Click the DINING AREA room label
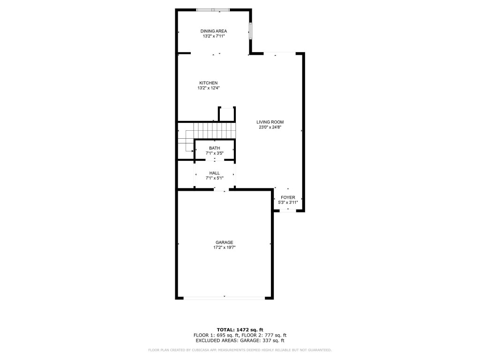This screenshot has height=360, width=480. (214, 31)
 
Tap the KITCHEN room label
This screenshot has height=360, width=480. (209, 83)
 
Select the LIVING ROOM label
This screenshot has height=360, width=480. (270, 122)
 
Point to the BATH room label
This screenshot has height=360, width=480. (214, 148)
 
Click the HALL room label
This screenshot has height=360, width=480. (214, 173)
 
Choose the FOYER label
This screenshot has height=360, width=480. (288, 197)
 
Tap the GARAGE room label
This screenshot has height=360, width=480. (225, 242)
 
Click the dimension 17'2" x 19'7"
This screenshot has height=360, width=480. (225, 247)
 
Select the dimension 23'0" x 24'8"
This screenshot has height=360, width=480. (270, 127)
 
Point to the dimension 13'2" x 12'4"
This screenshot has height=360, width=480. (209, 88)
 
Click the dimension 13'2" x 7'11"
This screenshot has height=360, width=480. (214, 36)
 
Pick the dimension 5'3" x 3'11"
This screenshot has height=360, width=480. (288, 202)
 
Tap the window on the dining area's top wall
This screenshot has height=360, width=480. (213, 9)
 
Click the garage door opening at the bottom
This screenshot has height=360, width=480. (224, 297)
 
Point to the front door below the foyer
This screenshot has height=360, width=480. (288, 211)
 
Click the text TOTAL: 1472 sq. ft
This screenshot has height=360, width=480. (240, 330)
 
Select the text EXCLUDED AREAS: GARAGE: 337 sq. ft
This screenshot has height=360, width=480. (240, 341)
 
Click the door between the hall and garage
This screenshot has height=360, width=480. (220, 190)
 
